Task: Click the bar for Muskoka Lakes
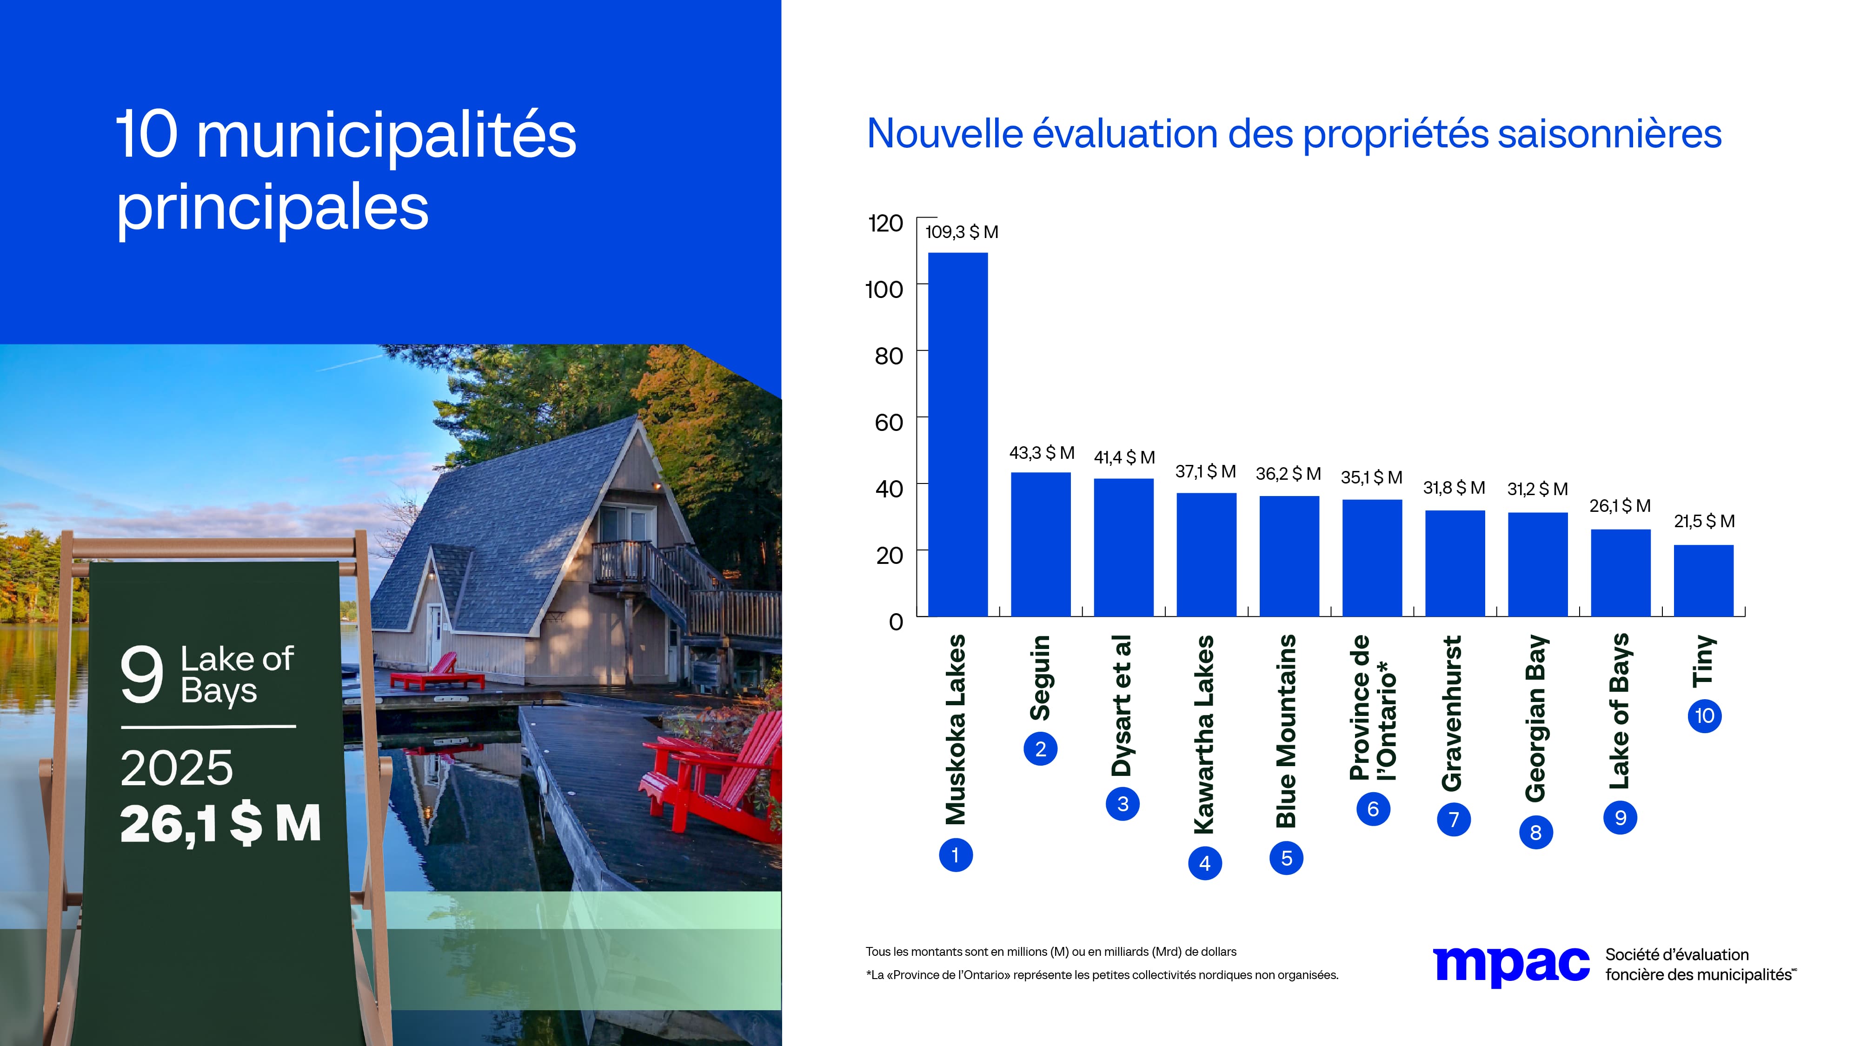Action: click(x=957, y=434)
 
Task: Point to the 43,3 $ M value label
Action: click(x=1041, y=453)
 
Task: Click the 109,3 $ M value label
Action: click(x=962, y=232)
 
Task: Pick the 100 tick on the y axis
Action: click(x=884, y=290)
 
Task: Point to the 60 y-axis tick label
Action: click(x=888, y=422)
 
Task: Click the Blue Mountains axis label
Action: click(x=1286, y=730)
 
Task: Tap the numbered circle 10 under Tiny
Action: click(x=1704, y=716)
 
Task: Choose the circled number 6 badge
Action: click(x=1373, y=808)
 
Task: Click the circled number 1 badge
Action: click(x=955, y=855)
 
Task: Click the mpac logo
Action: click(x=1510, y=965)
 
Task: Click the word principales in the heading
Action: click(x=272, y=209)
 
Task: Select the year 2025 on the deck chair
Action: click(x=177, y=768)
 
